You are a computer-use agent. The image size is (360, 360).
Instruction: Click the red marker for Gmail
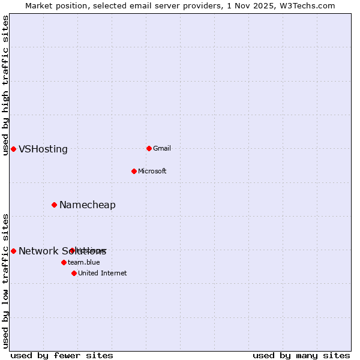149,148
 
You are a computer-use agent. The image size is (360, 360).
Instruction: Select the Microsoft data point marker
134,171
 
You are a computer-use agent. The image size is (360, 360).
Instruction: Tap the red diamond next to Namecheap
54,205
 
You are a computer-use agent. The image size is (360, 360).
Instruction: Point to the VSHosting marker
13,149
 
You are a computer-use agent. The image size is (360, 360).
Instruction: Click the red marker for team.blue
64,262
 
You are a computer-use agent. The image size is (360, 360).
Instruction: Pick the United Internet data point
74,273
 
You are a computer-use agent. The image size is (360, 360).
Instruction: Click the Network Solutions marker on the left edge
13,251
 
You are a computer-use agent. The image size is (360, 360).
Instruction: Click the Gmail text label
162,148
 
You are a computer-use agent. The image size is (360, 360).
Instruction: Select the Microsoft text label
152,171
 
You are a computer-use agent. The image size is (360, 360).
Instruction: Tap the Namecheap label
88,205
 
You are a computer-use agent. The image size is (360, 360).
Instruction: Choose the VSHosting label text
43,149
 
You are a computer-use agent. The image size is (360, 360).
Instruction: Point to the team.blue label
84,262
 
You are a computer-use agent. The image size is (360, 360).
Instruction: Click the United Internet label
102,273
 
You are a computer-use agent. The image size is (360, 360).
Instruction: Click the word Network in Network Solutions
37,251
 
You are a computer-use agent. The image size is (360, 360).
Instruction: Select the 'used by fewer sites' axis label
62,355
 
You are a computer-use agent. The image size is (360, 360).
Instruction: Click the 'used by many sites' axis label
301,355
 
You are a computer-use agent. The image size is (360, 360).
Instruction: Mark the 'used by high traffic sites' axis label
5,85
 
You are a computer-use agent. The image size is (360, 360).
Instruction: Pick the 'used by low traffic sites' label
5,281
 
